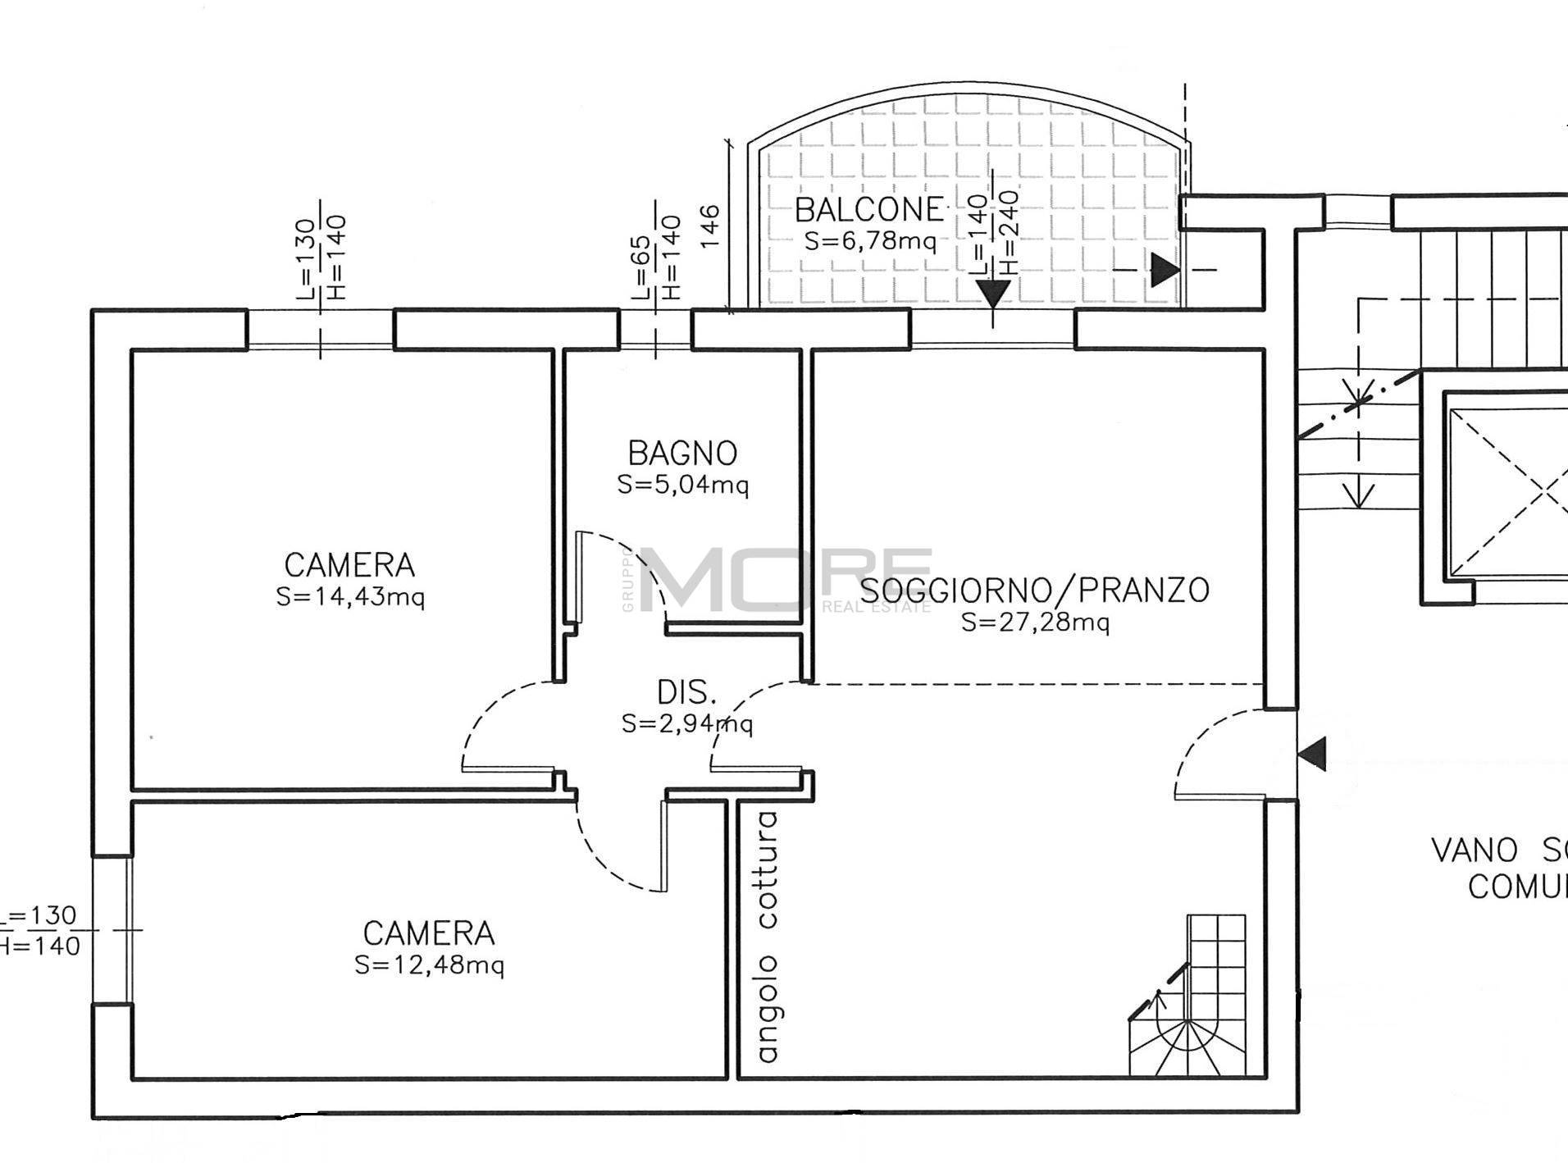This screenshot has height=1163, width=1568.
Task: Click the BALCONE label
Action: coord(869,210)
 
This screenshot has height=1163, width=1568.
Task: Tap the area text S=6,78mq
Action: coord(869,241)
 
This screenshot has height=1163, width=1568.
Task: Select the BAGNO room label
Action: coord(682,453)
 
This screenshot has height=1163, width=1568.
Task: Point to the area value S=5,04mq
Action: coord(682,485)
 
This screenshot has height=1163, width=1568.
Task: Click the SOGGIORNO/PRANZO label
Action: coord(1035,590)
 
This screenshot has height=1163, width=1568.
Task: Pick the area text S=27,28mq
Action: coord(1035,622)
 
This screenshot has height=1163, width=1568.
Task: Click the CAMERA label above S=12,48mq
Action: coord(429,933)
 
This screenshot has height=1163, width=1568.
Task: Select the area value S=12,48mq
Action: coord(429,965)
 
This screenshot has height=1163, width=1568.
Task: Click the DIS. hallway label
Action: coord(686,693)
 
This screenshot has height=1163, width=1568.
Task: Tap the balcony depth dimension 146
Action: coord(710,226)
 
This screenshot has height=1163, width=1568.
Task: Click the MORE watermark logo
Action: coord(787,580)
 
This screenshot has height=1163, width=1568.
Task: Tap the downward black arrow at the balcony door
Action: coord(992,293)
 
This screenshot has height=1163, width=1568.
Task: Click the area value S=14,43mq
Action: coord(350,597)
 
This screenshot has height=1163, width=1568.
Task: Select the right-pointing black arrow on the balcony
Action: coord(1165,270)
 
